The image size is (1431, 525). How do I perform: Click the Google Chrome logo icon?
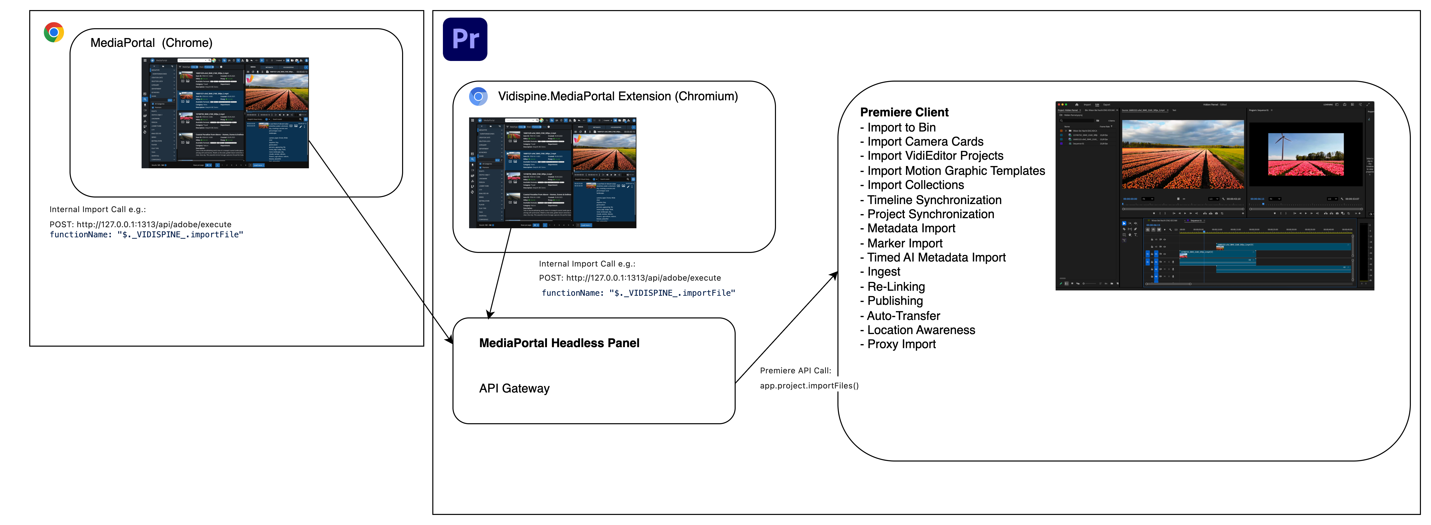(x=54, y=32)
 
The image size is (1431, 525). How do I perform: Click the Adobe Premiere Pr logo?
(x=465, y=39)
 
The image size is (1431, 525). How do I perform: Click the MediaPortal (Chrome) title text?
(x=151, y=43)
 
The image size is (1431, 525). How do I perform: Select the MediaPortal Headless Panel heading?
(x=559, y=343)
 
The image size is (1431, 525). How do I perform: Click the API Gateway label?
(x=514, y=388)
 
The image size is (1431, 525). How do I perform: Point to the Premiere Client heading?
(x=904, y=112)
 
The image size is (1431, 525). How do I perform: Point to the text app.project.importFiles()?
(x=809, y=385)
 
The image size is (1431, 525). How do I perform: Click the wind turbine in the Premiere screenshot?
(x=1282, y=146)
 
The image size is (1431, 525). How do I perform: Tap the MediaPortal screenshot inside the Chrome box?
(x=225, y=113)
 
